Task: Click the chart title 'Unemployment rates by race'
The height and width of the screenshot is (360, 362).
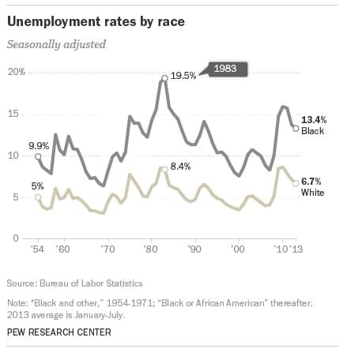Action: pos(96,21)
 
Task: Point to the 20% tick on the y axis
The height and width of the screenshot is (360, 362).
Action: pos(17,73)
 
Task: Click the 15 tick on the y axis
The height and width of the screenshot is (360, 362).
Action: pos(13,114)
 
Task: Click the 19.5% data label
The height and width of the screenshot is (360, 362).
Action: pos(183,76)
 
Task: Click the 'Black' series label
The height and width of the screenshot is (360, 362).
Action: pos(312,129)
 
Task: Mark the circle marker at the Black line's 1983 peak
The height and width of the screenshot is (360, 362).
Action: pos(164,78)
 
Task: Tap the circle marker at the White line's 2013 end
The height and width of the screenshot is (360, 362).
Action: pos(296,183)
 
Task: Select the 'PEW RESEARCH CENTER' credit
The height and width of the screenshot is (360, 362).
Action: pos(58,332)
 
